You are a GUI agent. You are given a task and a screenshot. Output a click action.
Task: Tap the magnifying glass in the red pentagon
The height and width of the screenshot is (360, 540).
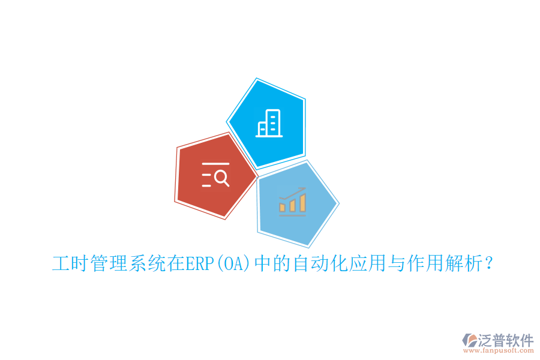point(221,178)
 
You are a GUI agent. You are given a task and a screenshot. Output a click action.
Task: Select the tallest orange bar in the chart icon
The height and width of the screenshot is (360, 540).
point(303,203)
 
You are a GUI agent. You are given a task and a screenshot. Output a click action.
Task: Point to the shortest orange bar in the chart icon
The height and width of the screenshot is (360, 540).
point(283,207)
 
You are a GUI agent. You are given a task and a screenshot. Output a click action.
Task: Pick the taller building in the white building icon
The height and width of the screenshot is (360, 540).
point(273,122)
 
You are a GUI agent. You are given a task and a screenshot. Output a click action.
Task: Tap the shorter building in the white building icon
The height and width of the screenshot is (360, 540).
point(262,128)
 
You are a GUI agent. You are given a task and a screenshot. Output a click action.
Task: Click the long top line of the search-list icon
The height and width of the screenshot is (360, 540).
point(215,163)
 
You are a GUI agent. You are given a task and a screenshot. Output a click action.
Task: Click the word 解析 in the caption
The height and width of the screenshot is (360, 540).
point(462,264)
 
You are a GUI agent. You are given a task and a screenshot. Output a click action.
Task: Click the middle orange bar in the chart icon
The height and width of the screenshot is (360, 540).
point(293,205)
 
